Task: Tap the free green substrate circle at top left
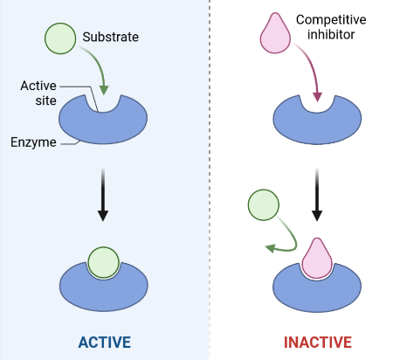pyautogui.click(x=59, y=38)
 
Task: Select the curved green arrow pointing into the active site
pyautogui.click(x=99, y=73)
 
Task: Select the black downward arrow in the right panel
pyautogui.click(x=317, y=192)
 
